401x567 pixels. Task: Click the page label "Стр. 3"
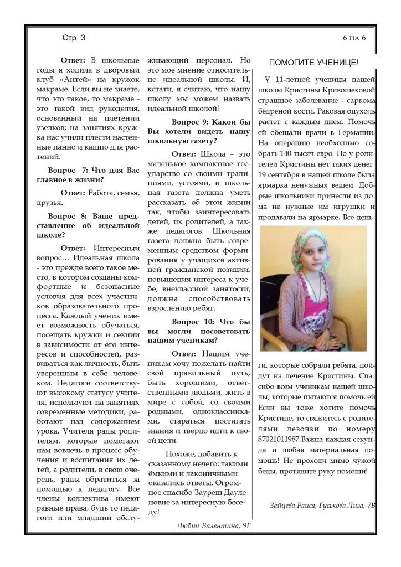click(x=74, y=38)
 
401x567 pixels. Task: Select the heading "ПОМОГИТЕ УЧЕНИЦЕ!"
click(x=313, y=63)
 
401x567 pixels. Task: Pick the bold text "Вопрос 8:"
click(x=66, y=215)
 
